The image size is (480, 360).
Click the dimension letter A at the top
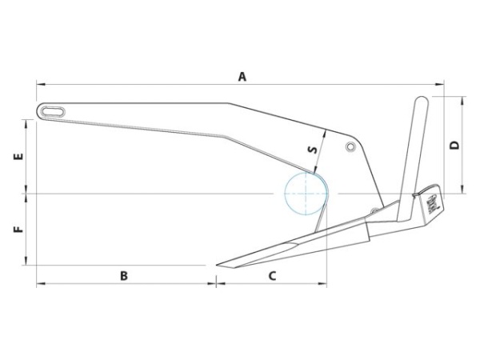pyautogui.click(x=242, y=76)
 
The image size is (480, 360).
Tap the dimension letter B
pyautogui.click(x=124, y=276)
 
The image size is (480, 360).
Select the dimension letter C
pyautogui.click(x=271, y=276)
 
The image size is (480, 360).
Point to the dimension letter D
pyautogui.click(x=454, y=145)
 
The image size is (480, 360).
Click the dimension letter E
pyautogui.click(x=18, y=157)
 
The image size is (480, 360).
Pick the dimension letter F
pyautogui.click(x=18, y=229)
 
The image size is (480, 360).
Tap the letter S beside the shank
pyautogui.click(x=312, y=148)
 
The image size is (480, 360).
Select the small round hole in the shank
pyautogui.click(x=350, y=148)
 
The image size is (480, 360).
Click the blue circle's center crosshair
pyautogui.click(x=306, y=193)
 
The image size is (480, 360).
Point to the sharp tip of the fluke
pyautogui.click(x=215, y=266)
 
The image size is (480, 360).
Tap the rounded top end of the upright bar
pyautogui.click(x=421, y=102)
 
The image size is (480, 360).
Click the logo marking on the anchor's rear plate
pyautogui.click(x=433, y=202)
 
